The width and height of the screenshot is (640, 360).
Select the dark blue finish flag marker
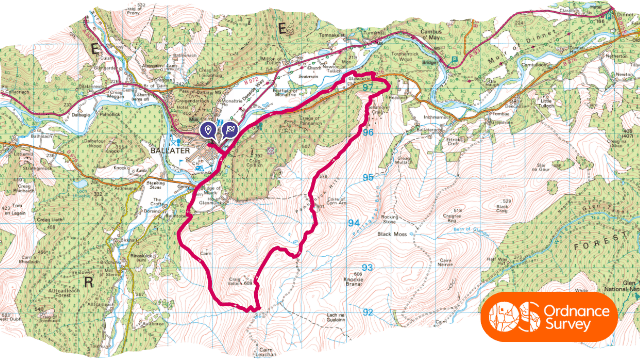228,130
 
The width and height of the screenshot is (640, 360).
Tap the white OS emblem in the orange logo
511,316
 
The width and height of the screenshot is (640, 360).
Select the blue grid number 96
367,132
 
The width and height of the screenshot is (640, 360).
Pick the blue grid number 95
367,177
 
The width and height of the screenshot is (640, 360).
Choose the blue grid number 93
367,267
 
